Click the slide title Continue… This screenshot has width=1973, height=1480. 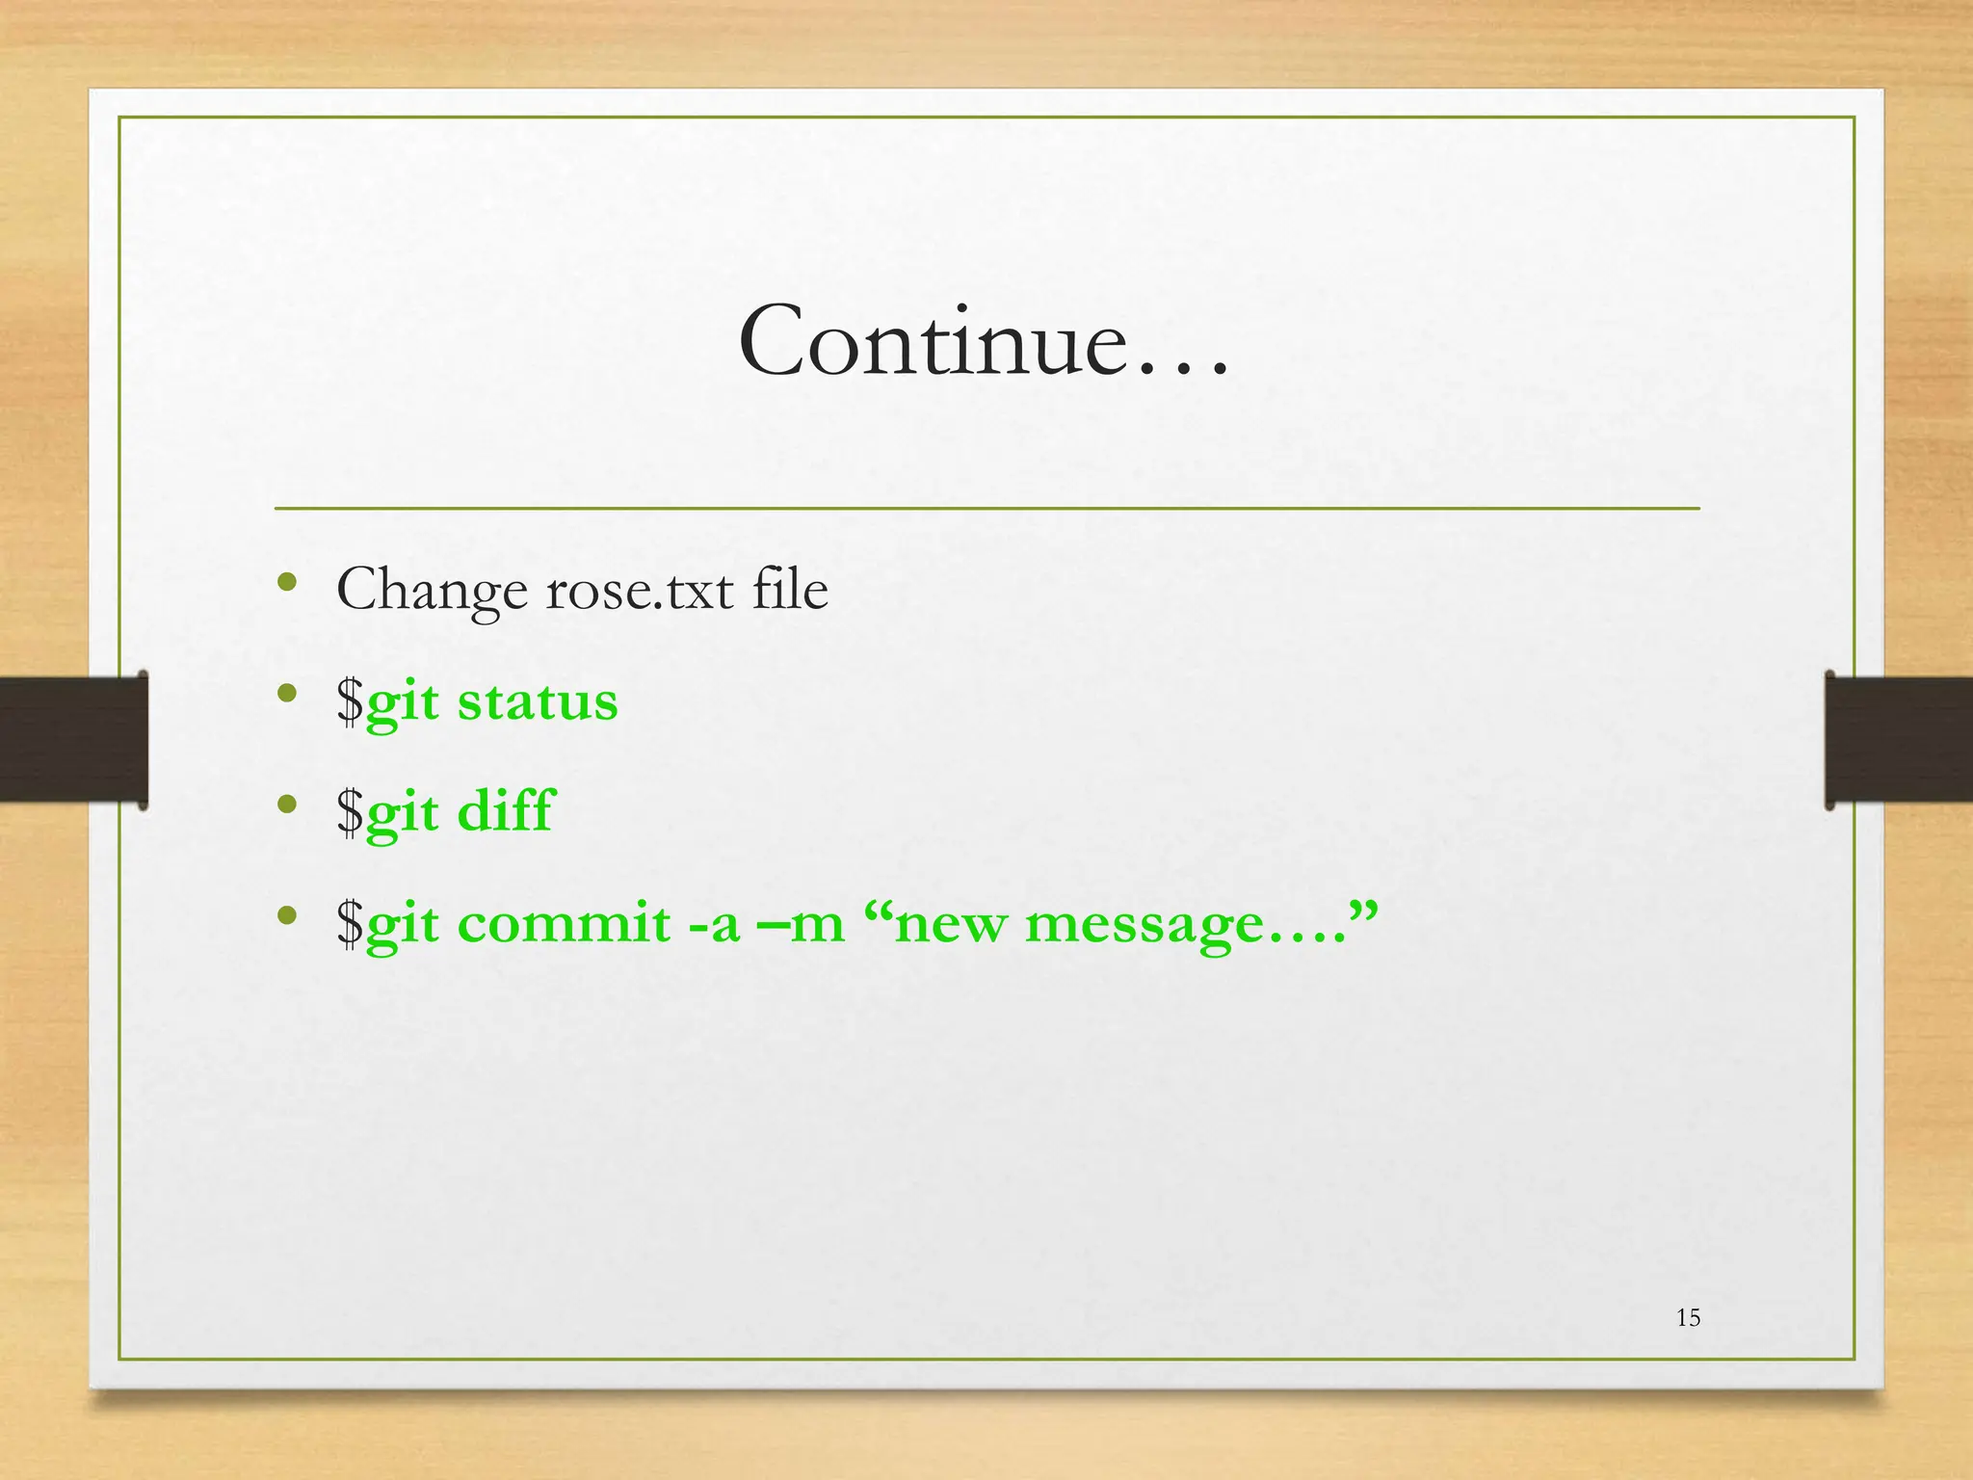[984, 342]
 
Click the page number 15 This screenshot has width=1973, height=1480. [1688, 1318]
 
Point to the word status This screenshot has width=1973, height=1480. [538, 701]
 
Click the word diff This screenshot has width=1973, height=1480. [506, 810]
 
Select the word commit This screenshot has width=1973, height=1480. [564, 923]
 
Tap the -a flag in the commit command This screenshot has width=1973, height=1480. [714, 923]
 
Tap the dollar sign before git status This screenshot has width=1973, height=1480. [350, 700]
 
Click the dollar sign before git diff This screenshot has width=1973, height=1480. [350, 811]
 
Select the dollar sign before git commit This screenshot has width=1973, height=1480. [350, 923]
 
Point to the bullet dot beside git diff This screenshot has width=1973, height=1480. [286, 804]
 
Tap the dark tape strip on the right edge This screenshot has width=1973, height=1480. [1898, 739]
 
